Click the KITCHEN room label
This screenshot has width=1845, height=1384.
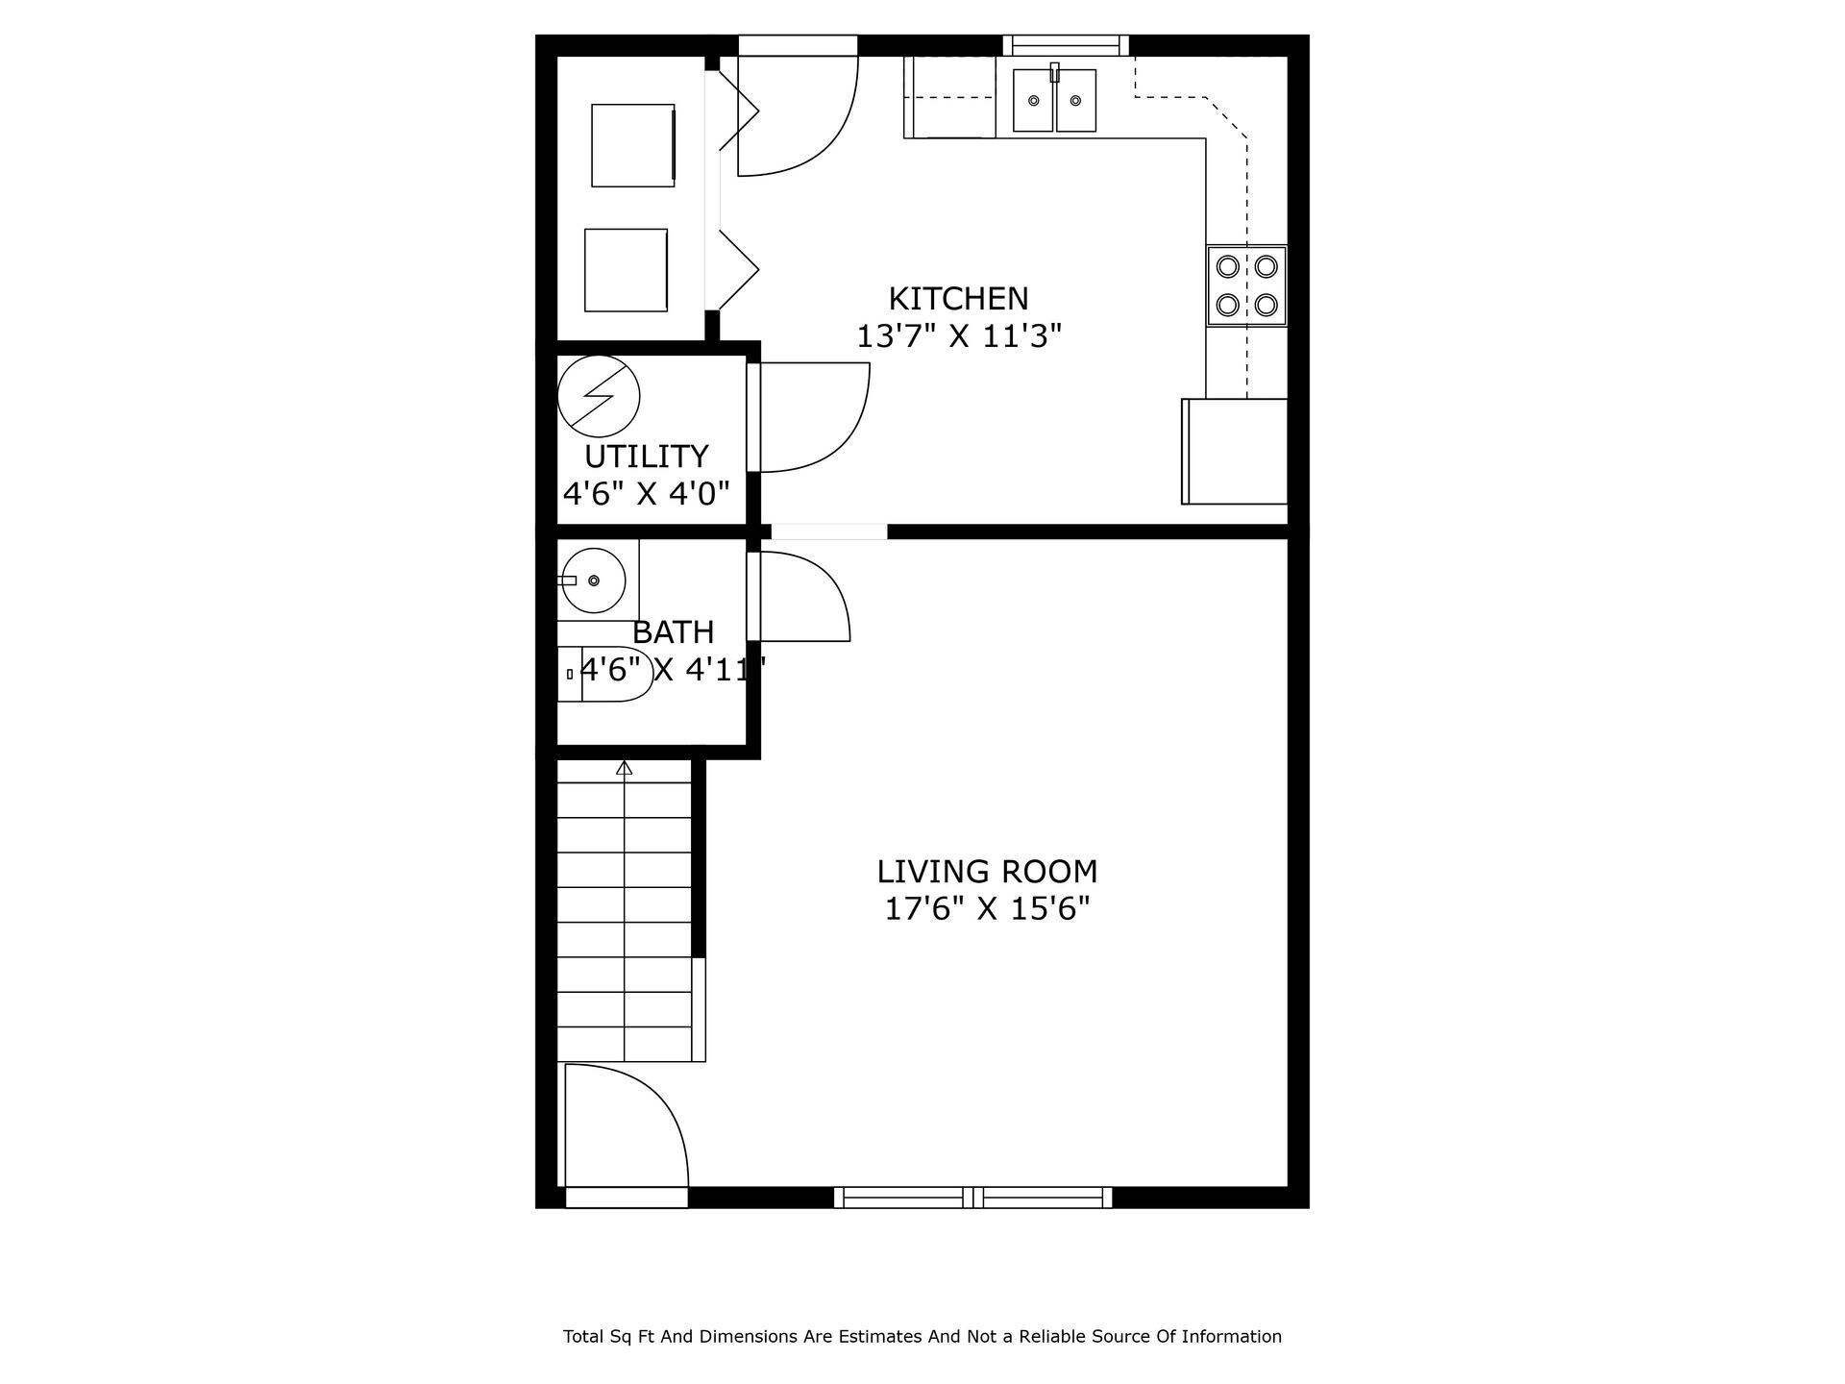pyautogui.click(x=958, y=299)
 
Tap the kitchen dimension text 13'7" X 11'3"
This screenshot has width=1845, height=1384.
pyautogui.click(x=958, y=336)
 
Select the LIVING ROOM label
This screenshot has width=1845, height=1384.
pyautogui.click(x=987, y=872)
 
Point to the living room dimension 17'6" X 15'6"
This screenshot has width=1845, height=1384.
pyautogui.click(x=987, y=908)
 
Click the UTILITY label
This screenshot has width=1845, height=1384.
pyautogui.click(x=646, y=456)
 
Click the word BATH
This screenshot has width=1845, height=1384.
pyautogui.click(x=673, y=632)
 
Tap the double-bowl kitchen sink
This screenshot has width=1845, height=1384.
pyautogui.click(x=1054, y=100)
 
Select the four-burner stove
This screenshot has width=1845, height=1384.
pyautogui.click(x=1246, y=285)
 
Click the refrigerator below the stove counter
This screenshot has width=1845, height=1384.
pyautogui.click(x=1235, y=451)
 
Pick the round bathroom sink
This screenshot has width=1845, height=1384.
pyautogui.click(x=593, y=581)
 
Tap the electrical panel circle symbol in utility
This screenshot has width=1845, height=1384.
pyautogui.click(x=598, y=396)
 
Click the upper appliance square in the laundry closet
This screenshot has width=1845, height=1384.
pyautogui.click(x=632, y=145)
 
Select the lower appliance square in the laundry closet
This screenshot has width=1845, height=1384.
pyautogui.click(x=626, y=270)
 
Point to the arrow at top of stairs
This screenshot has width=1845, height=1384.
pyautogui.click(x=625, y=768)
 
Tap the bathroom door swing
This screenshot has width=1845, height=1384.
pyautogui.click(x=802, y=598)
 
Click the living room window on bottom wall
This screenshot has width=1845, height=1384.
pyautogui.click(x=972, y=1197)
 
